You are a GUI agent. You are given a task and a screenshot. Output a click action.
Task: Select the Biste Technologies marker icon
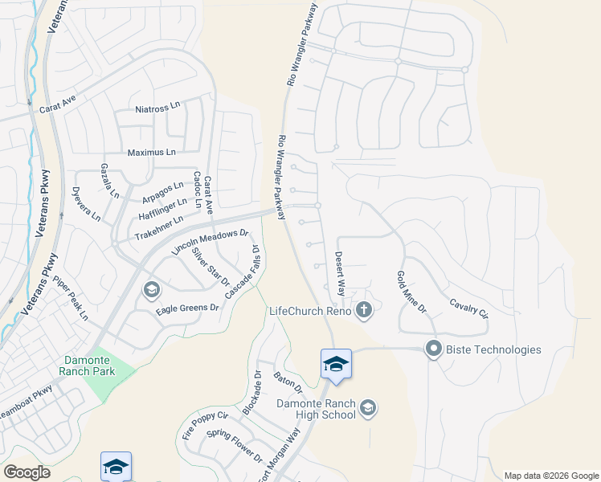coord(434,349)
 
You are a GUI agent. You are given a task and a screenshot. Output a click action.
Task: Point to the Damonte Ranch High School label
coord(316,409)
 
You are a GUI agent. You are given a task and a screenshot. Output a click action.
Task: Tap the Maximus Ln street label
coord(151,152)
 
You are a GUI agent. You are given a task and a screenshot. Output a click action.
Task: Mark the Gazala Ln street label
coord(109,181)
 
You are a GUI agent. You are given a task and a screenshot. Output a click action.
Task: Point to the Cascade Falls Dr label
coord(243,272)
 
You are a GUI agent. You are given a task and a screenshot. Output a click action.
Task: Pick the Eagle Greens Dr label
coord(187,307)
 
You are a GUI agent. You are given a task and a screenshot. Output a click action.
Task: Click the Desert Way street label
coord(341,272)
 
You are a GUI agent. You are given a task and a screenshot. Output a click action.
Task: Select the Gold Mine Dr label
coord(410,292)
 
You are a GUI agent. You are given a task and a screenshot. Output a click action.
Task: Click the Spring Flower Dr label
coord(235,446)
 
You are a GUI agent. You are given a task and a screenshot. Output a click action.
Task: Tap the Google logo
coord(27,472)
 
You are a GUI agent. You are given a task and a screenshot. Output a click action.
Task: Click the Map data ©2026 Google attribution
coord(551,476)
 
